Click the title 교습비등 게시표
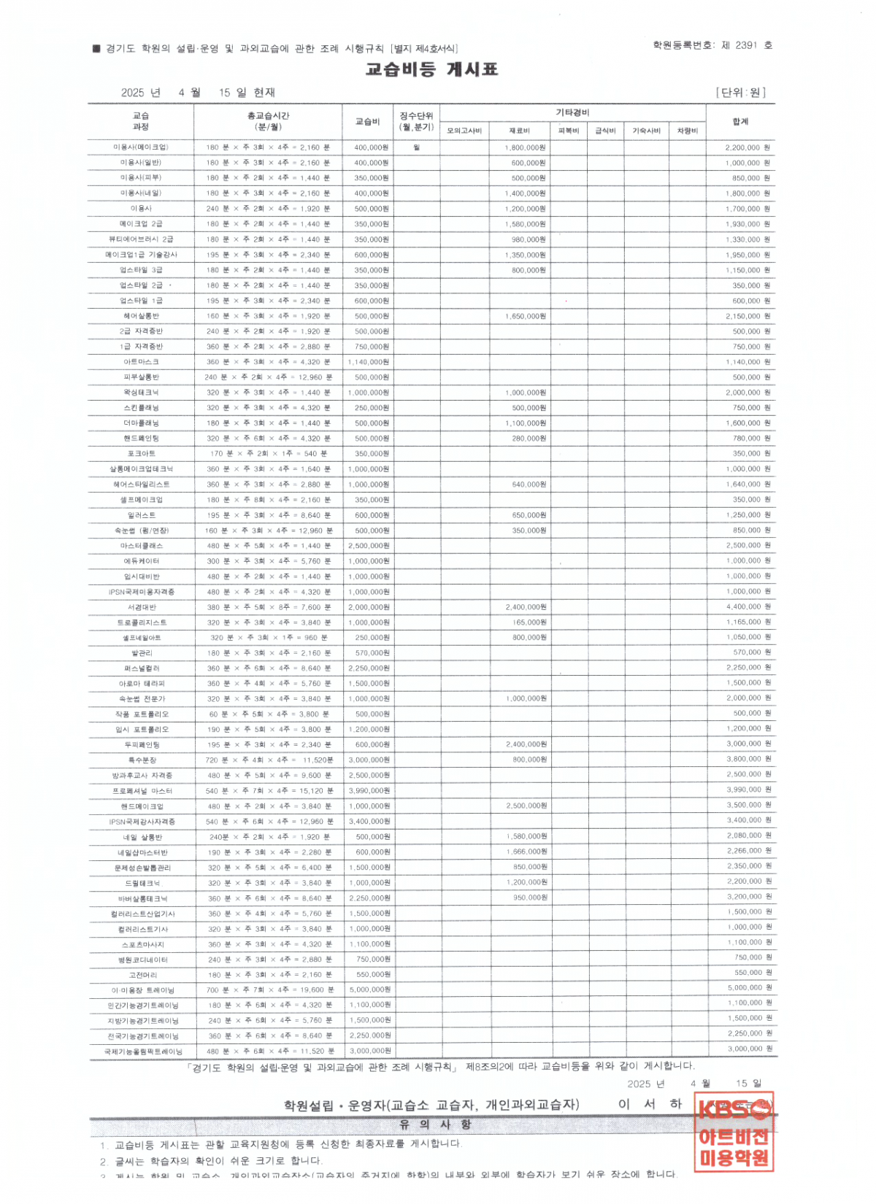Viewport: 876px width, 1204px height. click(x=431, y=69)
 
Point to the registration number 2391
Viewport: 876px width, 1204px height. click(x=746, y=45)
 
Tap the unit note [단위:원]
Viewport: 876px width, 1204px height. click(x=740, y=93)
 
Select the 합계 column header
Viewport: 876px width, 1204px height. click(x=739, y=121)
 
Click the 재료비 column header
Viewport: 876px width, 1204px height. click(x=519, y=131)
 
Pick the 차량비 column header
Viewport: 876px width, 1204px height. click(x=687, y=131)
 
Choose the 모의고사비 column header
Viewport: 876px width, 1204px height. click(x=464, y=131)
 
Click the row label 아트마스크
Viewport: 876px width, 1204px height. click(x=141, y=362)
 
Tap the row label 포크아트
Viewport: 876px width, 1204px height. click(x=141, y=454)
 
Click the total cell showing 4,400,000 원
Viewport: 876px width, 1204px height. click(x=748, y=606)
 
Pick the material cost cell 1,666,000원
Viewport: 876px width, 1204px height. click(x=527, y=852)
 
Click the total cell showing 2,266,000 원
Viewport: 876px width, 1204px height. click(x=748, y=851)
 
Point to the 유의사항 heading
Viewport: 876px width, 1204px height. click(x=435, y=1124)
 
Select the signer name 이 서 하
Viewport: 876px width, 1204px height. click(x=650, y=1104)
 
